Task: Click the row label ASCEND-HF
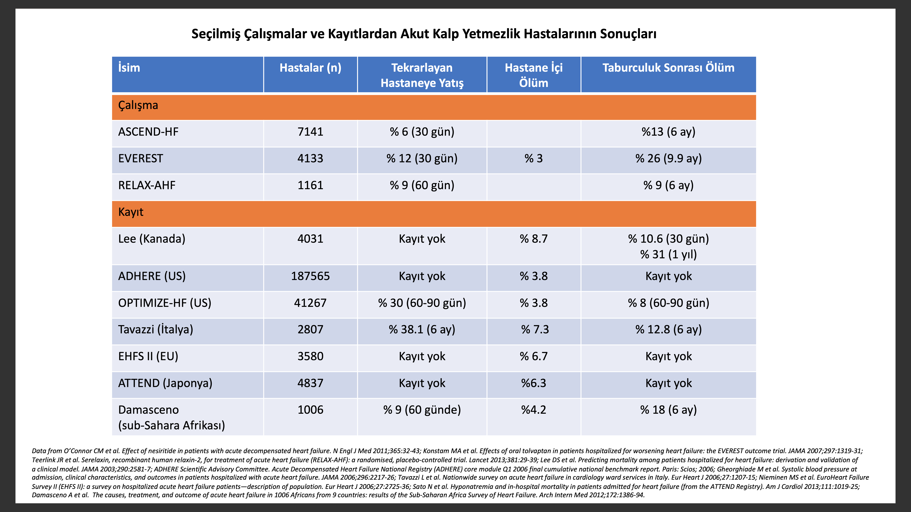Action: click(148, 132)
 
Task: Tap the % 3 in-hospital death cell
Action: click(534, 158)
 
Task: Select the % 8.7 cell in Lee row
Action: click(534, 239)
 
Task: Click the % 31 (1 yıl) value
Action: click(668, 254)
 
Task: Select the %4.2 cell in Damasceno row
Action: click(534, 410)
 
